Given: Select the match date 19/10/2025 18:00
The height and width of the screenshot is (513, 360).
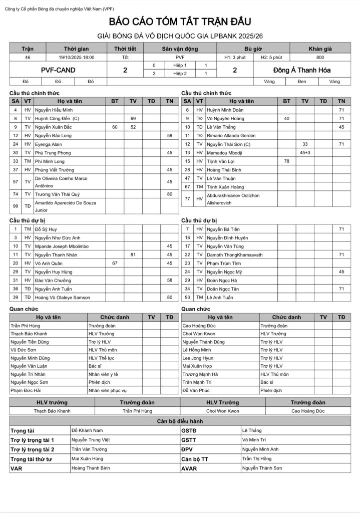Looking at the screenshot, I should click(x=76, y=58).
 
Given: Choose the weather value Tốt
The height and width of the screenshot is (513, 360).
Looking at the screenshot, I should click(x=125, y=58).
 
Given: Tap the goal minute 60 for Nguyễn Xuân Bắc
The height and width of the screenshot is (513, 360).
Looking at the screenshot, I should click(x=115, y=127).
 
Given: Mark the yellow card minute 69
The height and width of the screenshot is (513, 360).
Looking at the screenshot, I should click(x=133, y=118).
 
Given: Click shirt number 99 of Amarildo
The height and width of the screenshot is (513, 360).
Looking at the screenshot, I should click(x=16, y=206).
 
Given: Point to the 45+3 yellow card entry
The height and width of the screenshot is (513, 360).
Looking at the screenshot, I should click(x=305, y=152).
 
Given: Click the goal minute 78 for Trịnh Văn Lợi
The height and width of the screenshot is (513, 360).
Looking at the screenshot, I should click(x=286, y=161).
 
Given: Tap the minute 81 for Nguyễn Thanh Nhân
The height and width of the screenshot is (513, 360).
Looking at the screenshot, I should click(x=133, y=254).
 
